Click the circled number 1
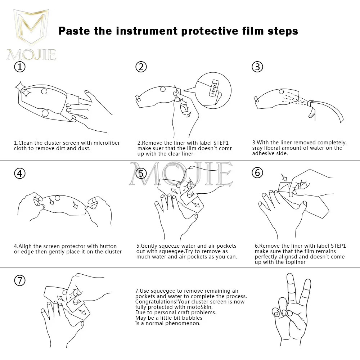tap(20, 67)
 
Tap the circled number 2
tap(141, 67)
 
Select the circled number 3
tap(257, 67)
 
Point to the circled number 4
tap(20, 173)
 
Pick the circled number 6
tap(257, 173)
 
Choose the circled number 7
tap(20, 280)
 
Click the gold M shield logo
tap(31, 26)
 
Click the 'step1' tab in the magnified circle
tap(214, 89)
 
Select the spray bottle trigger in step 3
tap(311, 112)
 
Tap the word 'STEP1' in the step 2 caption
tap(221, 143)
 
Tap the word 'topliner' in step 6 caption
tap(296, 262)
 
